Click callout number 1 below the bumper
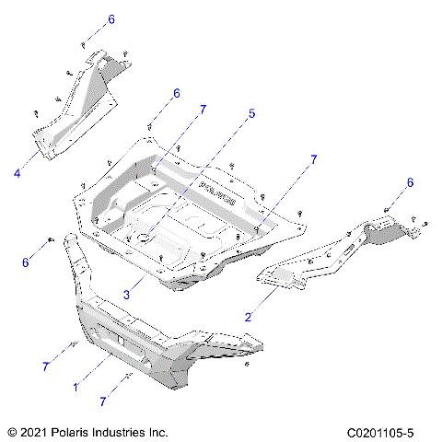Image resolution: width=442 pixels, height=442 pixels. coord(75,387)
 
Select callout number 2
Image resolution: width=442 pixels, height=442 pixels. coord(247,316)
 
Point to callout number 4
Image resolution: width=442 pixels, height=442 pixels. coord(17,170)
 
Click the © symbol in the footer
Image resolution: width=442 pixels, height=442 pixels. coord(11,431)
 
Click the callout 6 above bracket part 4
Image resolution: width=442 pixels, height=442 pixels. coord(111,19)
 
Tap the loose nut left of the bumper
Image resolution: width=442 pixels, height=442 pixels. coord(45,240)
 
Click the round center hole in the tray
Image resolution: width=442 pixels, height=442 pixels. coord(144,238)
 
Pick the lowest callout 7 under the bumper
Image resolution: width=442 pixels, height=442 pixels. coord(102,401)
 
